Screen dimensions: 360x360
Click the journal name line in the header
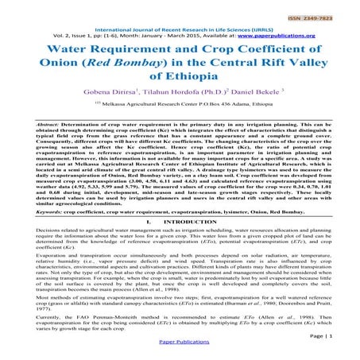(179, 28)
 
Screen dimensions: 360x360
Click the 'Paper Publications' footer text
(179, 354)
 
